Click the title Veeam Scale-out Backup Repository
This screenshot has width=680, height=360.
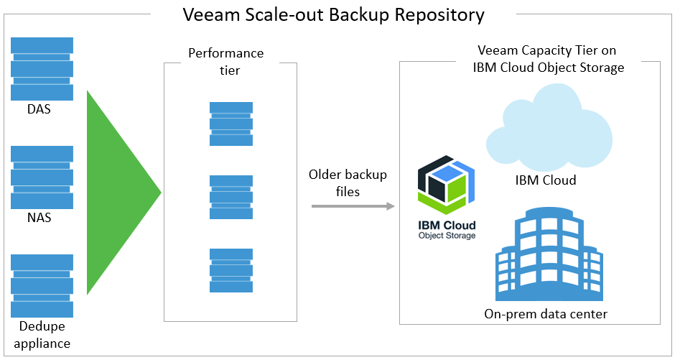(x=333, y=14)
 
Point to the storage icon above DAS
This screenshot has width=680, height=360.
(x=42, y=69)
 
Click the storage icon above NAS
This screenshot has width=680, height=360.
(x=42, y=177)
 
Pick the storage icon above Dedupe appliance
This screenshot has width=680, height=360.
(x=42, y=285)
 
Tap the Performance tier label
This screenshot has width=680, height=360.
(x=225, y=62)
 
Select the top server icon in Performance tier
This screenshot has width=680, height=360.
(x=231, y=124)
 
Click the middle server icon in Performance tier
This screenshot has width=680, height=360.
(x=231, y=197)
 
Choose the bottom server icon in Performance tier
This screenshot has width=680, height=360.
(x=231, y=270)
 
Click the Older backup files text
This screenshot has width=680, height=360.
(x=348, y=183)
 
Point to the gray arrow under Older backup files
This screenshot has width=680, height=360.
(x=353, y=207)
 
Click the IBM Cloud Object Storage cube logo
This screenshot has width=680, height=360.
(x=446, y=184)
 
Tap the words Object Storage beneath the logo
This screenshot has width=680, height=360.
(x=447, y=235)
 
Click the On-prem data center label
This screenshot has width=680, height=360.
(x=546, y=313)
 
